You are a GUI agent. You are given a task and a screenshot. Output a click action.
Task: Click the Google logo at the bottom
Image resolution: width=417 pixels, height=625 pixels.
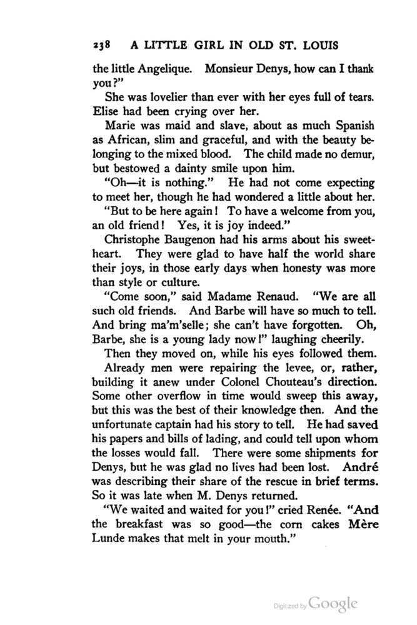pos(333,604)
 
